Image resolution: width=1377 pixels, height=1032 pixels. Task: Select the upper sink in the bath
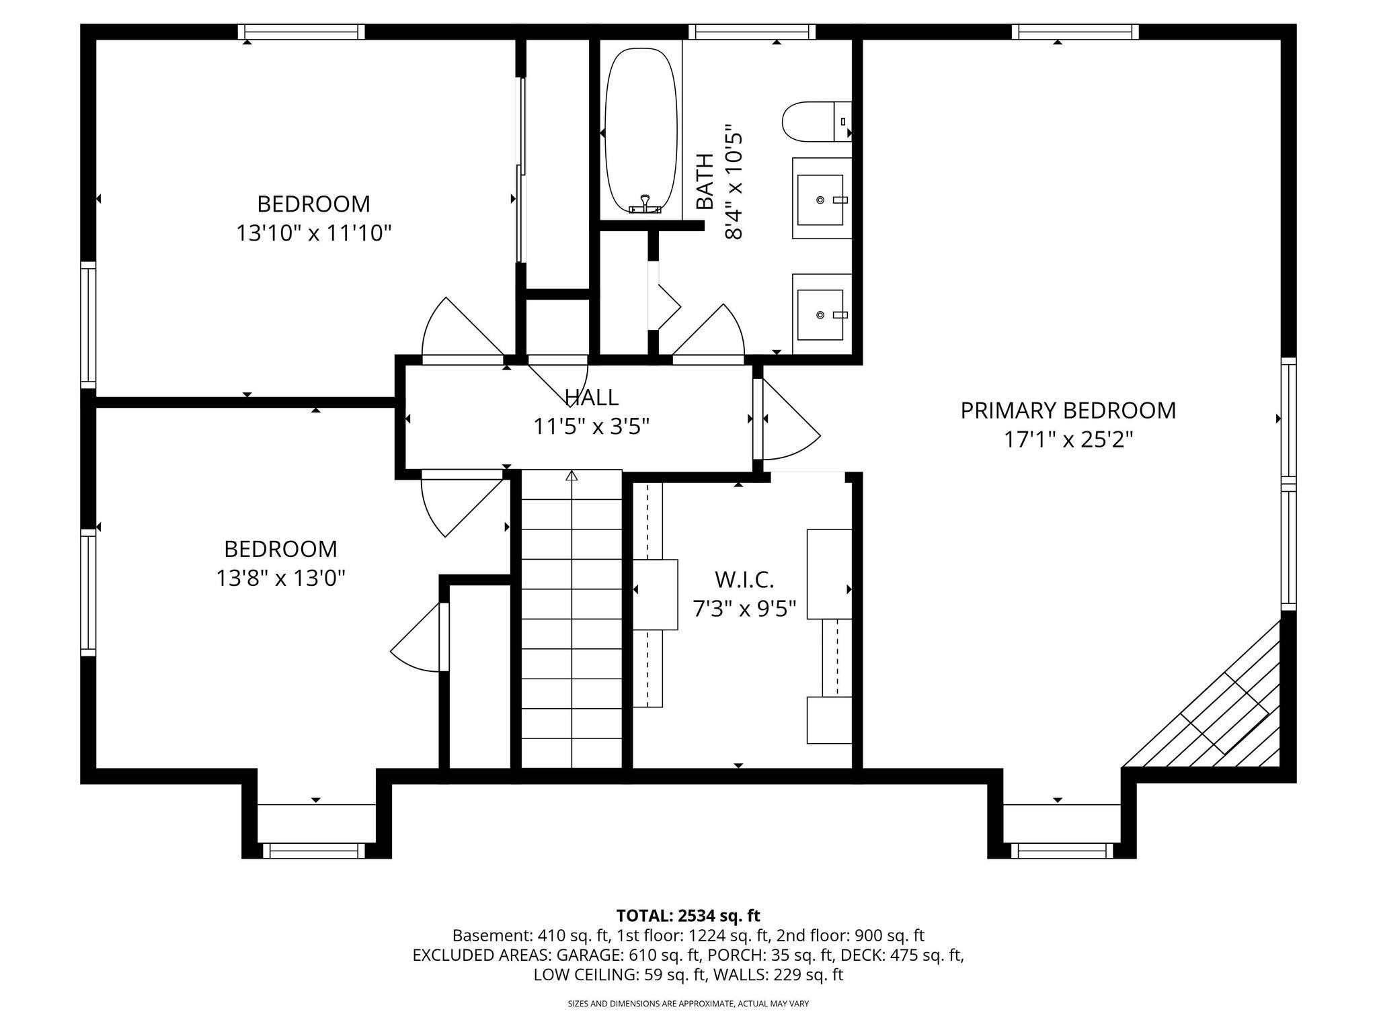point(820,200)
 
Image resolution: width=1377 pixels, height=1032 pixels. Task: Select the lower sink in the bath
point(820,314)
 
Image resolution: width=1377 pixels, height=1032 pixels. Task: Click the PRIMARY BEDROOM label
point(1068,411)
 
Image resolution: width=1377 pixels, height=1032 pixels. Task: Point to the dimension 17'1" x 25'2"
point(1068,440)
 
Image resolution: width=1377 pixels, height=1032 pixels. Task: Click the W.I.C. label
point(744,579)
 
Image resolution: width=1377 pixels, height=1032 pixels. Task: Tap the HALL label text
point(591,397)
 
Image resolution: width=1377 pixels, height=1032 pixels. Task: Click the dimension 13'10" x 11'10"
point(313,234)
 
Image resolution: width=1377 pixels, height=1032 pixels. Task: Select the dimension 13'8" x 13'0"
point(280,578)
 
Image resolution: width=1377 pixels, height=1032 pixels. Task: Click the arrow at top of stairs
point(572,476)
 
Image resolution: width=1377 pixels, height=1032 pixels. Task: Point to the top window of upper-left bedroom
point(301,32)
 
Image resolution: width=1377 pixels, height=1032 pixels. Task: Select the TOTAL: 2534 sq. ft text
point(688,916)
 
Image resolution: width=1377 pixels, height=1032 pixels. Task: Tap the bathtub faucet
point(645,205)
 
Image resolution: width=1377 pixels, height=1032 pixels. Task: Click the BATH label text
point(704,181)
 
